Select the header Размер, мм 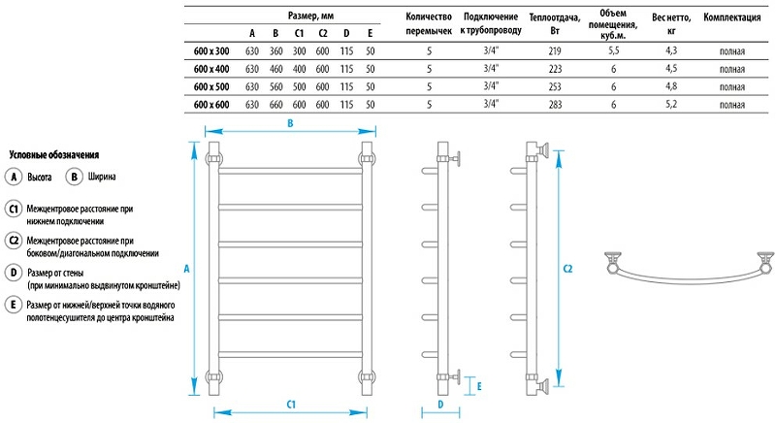click(312, 16)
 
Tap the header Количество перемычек click(429, 23)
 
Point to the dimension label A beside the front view click(186, 268)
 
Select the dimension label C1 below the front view click(290, 404)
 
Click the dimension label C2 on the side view click(568, 269)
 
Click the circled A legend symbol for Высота click(14, 177)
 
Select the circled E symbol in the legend click(14, 307)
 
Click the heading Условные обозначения click(53, 155)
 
